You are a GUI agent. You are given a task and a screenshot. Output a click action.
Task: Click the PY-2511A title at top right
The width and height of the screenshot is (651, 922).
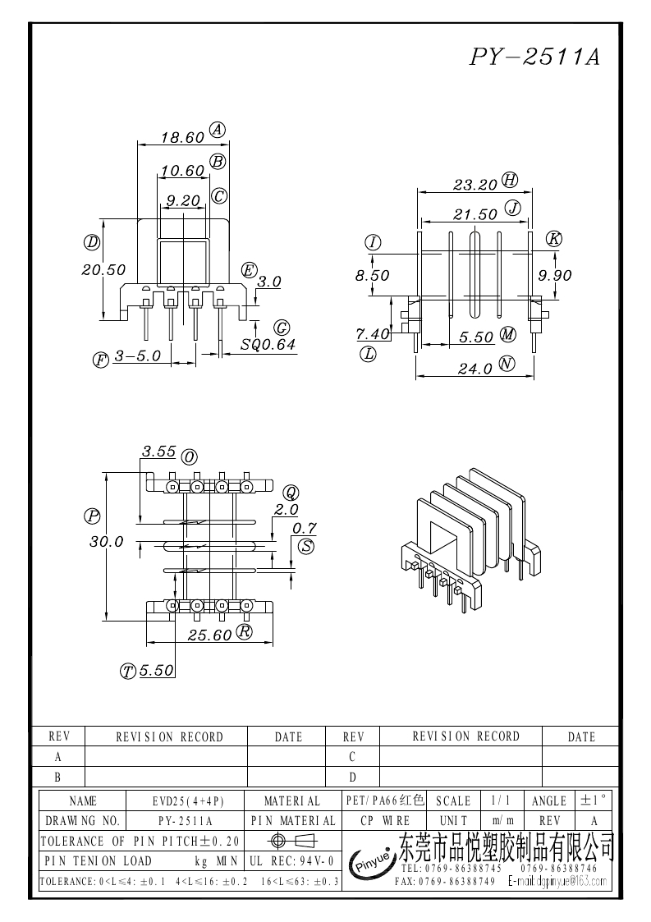[x=534, y=57]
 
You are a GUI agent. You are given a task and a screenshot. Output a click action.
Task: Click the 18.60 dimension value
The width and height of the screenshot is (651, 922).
[x=182, y=138]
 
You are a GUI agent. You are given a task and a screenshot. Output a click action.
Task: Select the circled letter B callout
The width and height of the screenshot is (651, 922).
[x=218, y=161]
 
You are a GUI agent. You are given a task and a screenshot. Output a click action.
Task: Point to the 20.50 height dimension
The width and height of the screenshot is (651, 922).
[x=103, y=270]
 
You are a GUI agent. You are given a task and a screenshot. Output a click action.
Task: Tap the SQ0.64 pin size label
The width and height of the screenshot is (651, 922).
[x=268, y=345]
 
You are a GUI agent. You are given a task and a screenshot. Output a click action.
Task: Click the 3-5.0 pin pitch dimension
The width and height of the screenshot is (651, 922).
[x=138, y=356]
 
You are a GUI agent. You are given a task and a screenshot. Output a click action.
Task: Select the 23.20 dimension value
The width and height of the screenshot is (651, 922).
[x=475, y=186]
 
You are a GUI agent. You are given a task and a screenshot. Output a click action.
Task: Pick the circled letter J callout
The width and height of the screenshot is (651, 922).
[x=513, y=209]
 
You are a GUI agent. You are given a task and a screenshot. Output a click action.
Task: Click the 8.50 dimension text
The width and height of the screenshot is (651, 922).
[x=372, y=275]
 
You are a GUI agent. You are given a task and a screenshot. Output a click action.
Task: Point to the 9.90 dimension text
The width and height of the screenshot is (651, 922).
[x=555, y=275]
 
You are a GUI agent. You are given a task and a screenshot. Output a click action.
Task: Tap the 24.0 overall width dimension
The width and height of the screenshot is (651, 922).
[x=475, y=369]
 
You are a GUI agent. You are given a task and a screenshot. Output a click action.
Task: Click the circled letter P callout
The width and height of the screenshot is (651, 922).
[x=92, y=516]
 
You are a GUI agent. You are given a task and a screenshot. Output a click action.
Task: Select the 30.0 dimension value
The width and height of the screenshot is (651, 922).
[x=107, y=542]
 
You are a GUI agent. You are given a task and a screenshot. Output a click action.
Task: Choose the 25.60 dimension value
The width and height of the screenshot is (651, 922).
[x=210, y=635]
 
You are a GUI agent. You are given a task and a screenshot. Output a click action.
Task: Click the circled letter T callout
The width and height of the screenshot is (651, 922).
[x=128, y=671]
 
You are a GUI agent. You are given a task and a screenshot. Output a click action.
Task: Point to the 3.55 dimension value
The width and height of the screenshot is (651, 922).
[x=158, y=452]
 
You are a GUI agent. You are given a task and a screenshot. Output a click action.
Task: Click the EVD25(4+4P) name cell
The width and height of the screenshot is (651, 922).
[x=185, y=800]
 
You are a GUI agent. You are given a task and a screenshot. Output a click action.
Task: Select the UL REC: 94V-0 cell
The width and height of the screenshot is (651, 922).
[x=292, y=861]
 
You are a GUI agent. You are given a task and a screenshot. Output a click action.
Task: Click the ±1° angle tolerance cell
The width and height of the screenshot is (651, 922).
[x=594, y=800]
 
